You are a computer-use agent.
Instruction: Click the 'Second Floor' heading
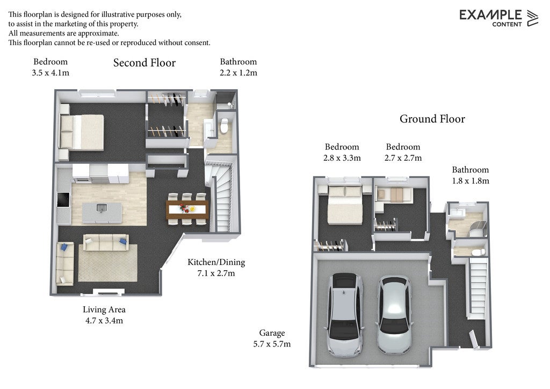(x=144, y=63)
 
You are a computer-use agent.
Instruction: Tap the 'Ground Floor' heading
(x=432, y=119)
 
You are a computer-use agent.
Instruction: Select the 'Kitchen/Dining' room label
(x=216, y=262)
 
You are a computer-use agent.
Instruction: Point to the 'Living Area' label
(x=104, y=309)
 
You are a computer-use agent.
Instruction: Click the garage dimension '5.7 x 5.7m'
(x=272, y=344)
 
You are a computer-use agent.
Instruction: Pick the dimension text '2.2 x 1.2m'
(x=238, y=73)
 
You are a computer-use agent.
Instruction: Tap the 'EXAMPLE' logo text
(x=490, y=15)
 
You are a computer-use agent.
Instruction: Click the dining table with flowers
(x=187, y=209)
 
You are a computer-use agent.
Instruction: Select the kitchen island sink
(x=102, y=208)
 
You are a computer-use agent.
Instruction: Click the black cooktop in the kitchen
(x=63, y=199)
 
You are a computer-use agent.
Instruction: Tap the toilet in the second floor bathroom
(x=224, y=126)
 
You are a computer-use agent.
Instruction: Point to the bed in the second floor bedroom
(x=82, y=132)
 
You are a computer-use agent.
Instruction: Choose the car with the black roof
(x=344, y=314)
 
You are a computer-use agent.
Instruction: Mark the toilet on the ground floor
(x=477, y=252)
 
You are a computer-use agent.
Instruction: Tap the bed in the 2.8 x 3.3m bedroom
(x=345, y=205)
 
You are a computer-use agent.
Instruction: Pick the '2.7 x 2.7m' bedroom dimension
(x=403, y=158)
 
